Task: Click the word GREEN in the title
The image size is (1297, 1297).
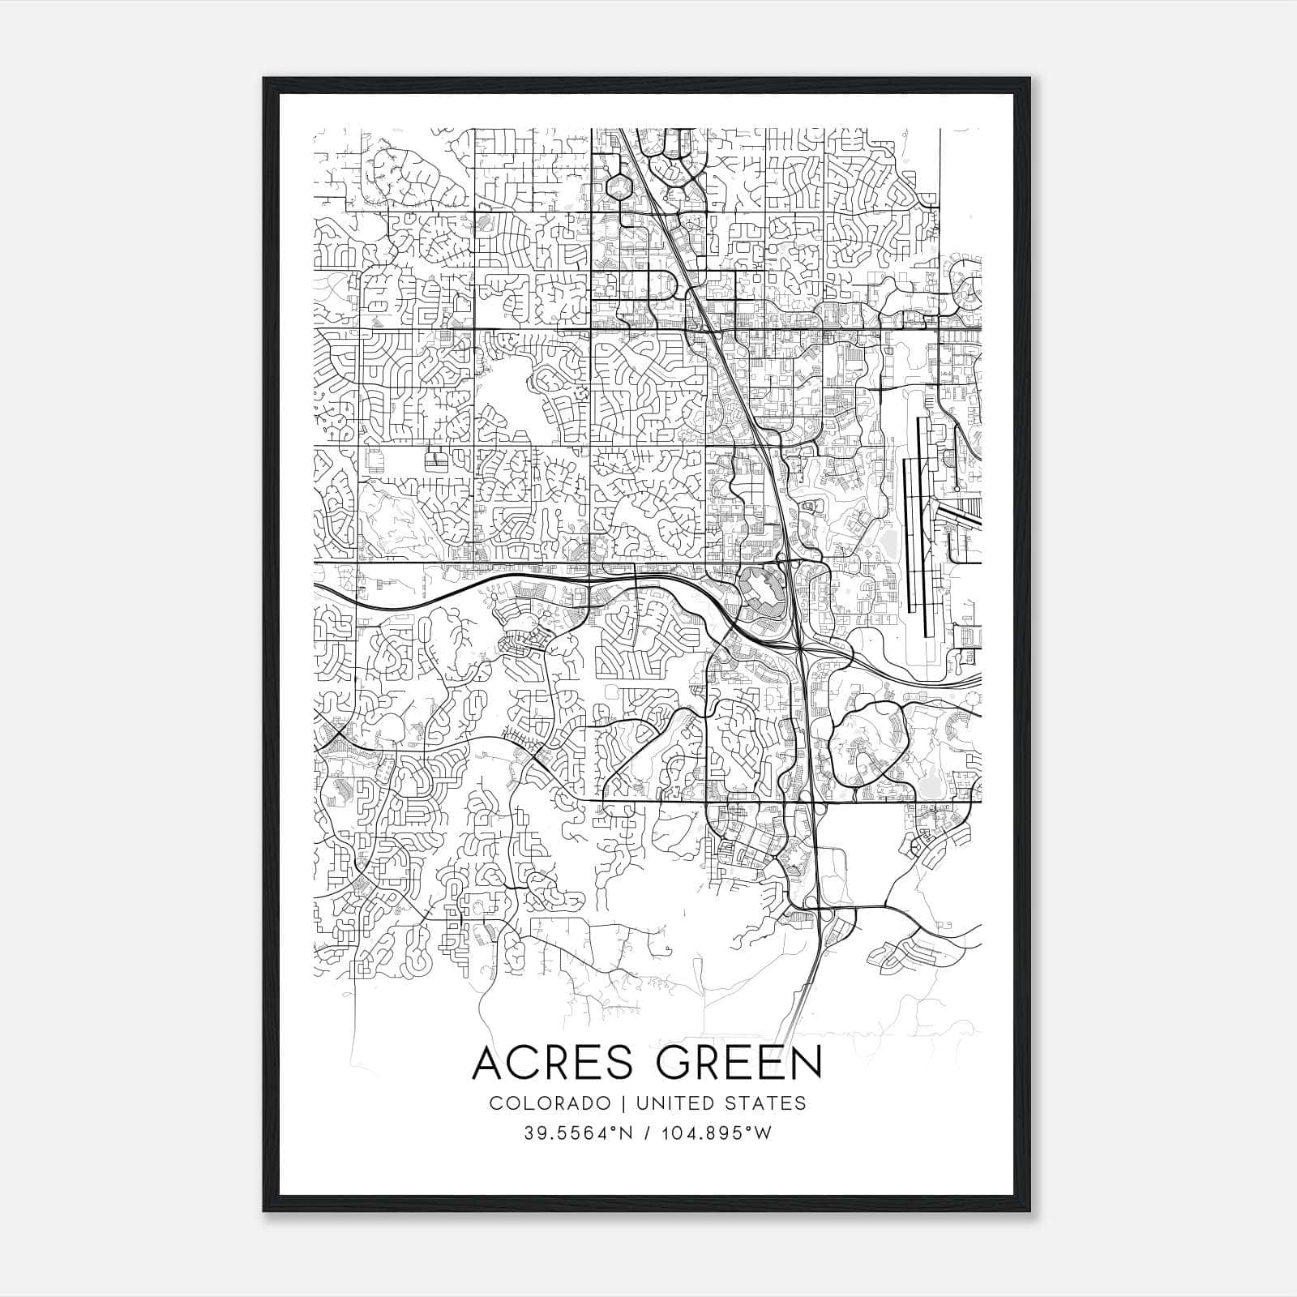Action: [730, 1063]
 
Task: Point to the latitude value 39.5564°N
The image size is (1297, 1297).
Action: [576, 1133]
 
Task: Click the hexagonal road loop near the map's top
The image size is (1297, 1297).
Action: [620, 186]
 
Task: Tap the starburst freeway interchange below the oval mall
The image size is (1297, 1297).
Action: [800, 646]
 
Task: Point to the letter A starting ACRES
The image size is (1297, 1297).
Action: [489, 1063]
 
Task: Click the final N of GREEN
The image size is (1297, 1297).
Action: [807, 1063]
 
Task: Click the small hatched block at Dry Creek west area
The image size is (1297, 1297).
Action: [438, 461]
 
